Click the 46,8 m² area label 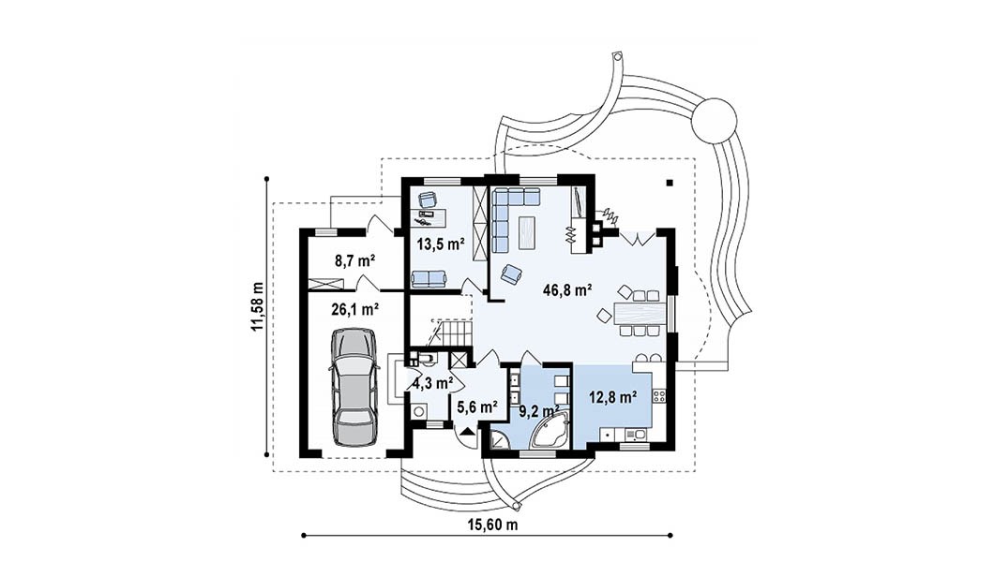567,290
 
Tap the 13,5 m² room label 441,244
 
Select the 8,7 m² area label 354,259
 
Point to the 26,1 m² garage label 355,309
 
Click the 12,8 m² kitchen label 613,397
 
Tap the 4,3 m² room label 432,383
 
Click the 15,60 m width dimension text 492,525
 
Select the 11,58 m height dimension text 257,306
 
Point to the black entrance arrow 467,432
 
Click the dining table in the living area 640,313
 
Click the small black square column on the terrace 669,184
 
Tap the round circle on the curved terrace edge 715,121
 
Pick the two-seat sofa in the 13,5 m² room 429,278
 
